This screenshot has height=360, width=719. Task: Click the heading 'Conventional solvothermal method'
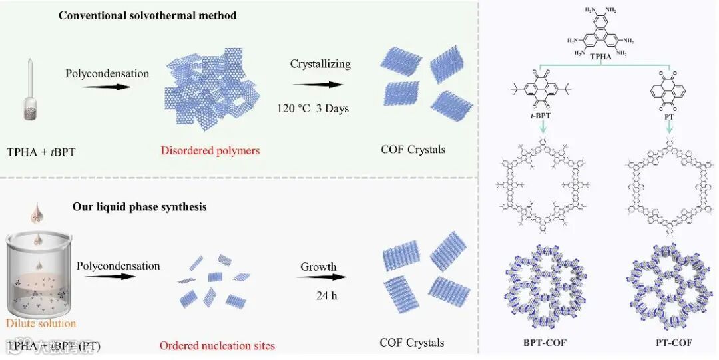147,15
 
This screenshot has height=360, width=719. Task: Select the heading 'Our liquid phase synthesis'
139,207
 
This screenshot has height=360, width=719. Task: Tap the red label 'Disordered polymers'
210,150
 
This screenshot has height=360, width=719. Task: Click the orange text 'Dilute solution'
41,324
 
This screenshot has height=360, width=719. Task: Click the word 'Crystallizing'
320,64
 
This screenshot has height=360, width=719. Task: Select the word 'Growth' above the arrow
318,267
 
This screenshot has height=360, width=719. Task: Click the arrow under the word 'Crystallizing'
318,85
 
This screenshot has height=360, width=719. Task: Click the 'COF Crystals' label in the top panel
413,149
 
